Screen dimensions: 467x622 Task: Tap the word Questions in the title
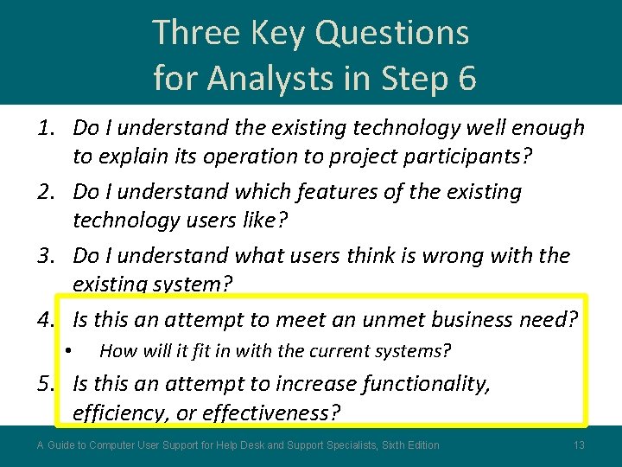click(392, 33)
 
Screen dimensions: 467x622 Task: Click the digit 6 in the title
click(466, 78)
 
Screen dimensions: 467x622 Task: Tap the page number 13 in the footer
click(579, 445)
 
